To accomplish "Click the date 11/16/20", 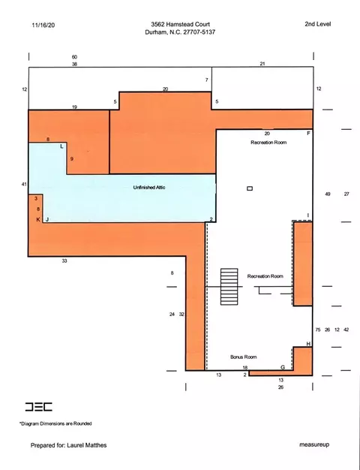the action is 43,26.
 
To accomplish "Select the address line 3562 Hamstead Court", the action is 180,24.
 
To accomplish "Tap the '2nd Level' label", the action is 318,24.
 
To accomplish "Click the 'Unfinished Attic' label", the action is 149,188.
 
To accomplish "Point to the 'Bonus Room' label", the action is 244,357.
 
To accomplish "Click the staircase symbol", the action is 229,287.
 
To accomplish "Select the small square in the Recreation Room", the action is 250,188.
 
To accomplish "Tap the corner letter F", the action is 308,134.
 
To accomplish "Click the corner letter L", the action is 61,146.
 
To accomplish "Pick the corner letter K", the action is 38,220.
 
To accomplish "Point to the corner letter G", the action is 283,367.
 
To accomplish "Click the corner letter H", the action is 308,344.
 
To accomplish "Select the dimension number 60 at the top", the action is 74,57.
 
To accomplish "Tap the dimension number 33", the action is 64,261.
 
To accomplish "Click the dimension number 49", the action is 328,194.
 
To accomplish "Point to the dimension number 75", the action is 318,330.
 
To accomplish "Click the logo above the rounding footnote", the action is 39,407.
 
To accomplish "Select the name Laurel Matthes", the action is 86,445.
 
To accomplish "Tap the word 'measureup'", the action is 314,444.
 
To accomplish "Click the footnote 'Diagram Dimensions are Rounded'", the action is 56,423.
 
